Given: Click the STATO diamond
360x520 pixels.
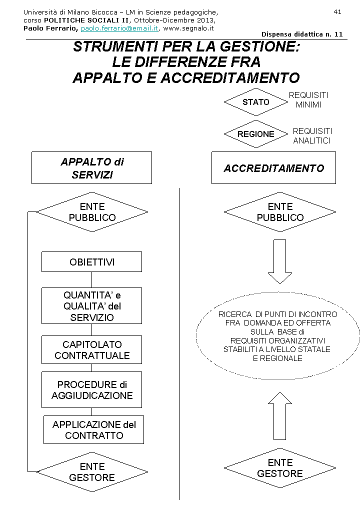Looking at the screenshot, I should (256, 102).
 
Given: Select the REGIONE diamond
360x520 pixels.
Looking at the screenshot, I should (256, 134).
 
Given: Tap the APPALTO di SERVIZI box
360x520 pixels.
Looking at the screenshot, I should (91, 168).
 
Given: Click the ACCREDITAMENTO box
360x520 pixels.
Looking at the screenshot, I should (273, 168).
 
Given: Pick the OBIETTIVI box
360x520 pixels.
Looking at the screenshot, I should (91, 262).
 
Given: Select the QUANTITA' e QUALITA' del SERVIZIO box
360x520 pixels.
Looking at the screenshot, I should (91, 306).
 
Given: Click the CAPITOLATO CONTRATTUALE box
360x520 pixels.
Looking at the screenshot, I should (91, 350).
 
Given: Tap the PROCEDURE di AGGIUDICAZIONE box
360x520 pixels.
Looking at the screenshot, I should (91, 390).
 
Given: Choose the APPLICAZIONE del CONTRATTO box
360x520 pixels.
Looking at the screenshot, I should (93, 430).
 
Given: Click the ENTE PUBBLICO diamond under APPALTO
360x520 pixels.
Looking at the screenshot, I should (92, 212).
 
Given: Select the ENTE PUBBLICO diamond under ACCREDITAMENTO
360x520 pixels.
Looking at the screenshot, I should (280, 212).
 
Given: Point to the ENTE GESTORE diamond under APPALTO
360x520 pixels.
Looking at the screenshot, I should (92, 472).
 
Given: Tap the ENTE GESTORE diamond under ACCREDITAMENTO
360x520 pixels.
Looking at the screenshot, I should (280, 468).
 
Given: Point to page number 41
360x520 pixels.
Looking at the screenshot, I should (337, 11).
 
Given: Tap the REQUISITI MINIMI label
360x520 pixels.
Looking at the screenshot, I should (308, 100).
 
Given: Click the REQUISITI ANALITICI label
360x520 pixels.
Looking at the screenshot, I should (312, 136).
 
